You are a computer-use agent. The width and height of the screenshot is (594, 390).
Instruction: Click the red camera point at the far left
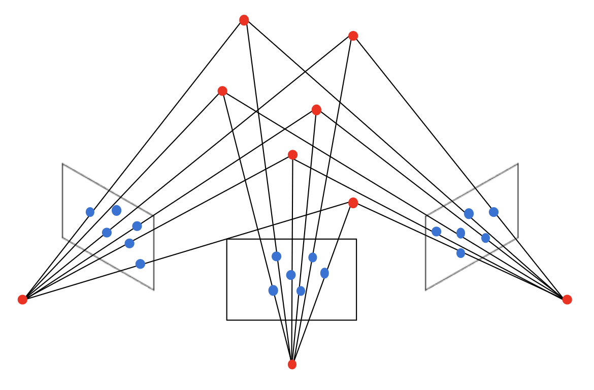[x=22, y=300]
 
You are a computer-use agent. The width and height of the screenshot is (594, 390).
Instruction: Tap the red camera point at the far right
[x=567, y=300]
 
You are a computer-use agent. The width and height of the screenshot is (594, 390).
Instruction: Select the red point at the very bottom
[x=292, y=365]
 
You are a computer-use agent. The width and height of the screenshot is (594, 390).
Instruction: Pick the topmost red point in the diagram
[x=244, y=20]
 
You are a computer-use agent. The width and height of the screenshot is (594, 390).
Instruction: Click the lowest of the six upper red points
[x=353, y=203]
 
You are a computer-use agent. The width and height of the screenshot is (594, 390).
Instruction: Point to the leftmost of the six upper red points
[x=222, y=91]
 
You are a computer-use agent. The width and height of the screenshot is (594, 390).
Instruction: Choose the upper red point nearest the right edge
[x=353, y=36]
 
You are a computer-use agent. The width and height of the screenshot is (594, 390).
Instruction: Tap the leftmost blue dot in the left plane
[x=90, y=212]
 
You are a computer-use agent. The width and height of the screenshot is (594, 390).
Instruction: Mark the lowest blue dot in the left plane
[x=140, y=264]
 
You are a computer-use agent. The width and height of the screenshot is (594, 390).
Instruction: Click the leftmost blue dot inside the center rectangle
[x=273, y=290]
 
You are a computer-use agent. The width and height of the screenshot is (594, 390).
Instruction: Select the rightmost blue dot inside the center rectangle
[x=324, y=273]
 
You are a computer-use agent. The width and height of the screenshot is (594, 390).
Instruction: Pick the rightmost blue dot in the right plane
[x=493, y=212]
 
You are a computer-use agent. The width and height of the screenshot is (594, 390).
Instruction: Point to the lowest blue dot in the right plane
[x=460, y=253]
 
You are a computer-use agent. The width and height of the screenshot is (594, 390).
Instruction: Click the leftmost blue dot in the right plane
[x=436, y=232]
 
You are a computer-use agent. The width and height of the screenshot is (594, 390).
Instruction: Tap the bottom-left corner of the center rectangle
[x=227, y=320]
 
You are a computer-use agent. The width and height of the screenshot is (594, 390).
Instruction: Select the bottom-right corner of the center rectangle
[x=356, y=320]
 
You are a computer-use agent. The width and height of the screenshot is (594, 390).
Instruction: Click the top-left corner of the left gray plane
[x=62, y=164]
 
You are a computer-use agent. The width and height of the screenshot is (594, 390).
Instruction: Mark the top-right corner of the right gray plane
[x=518, y=164]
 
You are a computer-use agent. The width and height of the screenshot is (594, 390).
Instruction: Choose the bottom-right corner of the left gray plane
[x=154, y=290]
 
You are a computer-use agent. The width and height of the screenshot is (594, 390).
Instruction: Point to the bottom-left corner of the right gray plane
[x=425, y=290]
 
